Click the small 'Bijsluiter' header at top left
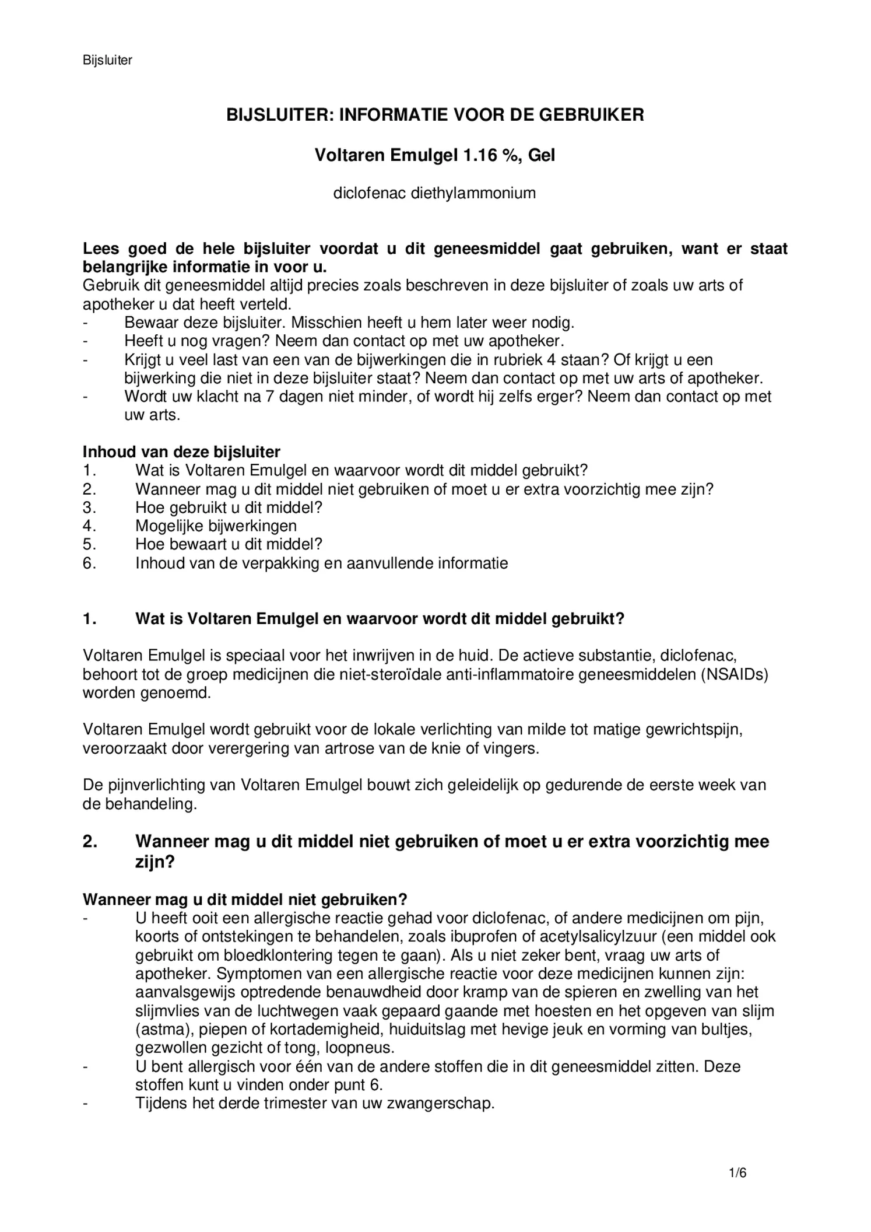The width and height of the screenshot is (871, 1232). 107,60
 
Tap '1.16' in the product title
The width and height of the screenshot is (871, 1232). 483,155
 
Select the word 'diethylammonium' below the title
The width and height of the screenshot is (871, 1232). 473,193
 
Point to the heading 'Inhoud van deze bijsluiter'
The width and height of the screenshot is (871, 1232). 181,452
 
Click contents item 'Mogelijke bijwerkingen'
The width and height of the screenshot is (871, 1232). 216,526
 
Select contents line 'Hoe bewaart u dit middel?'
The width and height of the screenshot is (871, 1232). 229,544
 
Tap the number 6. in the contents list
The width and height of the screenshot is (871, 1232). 89,563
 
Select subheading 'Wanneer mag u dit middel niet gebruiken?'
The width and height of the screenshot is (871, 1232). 245,899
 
